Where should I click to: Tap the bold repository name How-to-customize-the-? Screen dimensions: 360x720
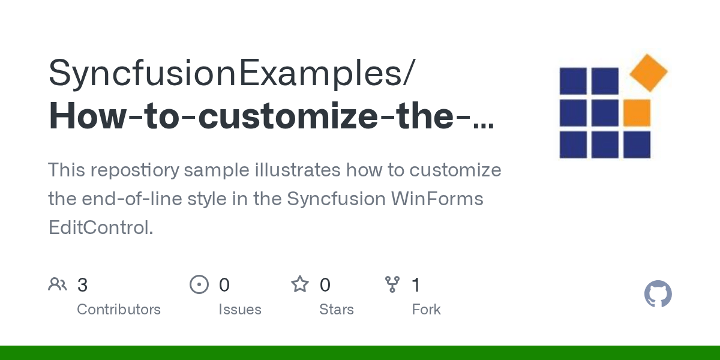271,116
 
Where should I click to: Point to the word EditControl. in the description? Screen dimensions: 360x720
101,227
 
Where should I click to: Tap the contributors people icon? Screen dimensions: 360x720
58,284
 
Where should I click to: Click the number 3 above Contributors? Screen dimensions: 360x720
82,285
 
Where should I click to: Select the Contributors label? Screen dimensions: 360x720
119,310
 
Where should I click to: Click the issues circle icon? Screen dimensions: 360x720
199,284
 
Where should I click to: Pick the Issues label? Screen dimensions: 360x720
240,310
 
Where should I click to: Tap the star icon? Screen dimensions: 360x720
299,284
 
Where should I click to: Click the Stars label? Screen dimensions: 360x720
337,310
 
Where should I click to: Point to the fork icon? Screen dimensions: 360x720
392,284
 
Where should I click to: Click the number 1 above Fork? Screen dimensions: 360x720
415,285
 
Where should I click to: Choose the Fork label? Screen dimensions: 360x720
426,310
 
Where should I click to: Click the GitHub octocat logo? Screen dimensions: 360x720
658,294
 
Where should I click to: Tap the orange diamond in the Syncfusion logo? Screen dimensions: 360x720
649,73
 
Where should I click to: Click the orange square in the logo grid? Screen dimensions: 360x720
637,113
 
